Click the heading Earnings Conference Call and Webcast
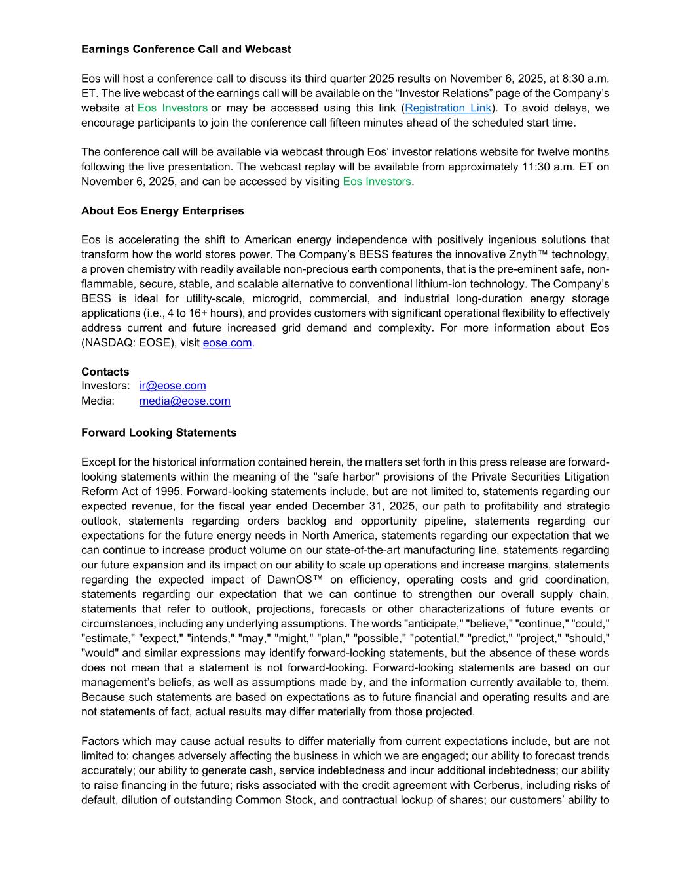point(186,49)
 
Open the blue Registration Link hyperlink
point(448,108)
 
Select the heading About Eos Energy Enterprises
point(162,210)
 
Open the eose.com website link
point(227,342)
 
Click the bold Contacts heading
point(105,372)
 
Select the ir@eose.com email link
point(173,386)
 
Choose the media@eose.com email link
point(185,401)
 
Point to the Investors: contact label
point(105,386)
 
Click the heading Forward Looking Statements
point(159,433)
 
